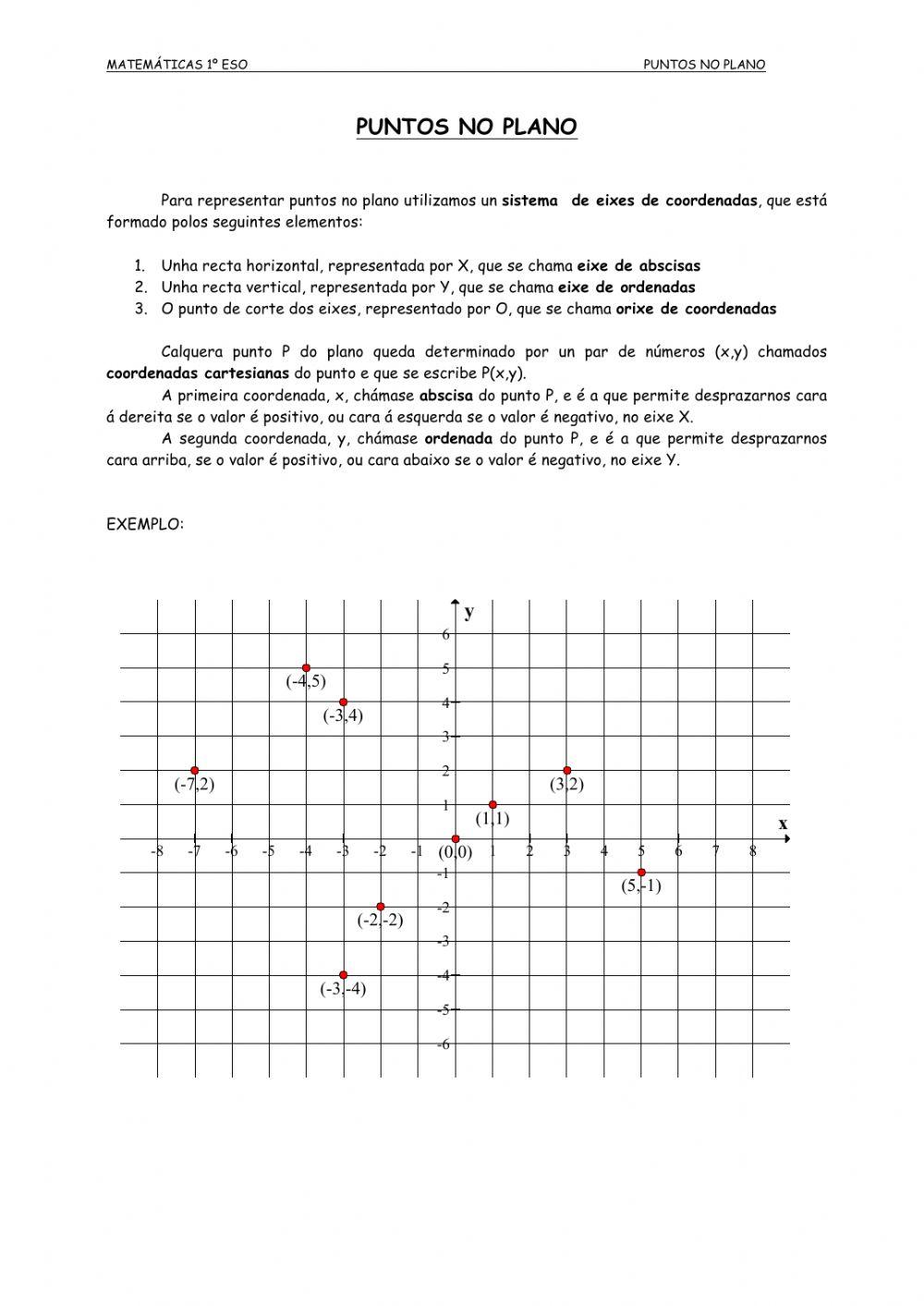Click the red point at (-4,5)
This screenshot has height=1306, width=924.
click(x=306, y=667)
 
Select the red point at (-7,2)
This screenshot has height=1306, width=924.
click(x=194, y=770)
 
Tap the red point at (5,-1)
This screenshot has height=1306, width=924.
click(x=641, y=873)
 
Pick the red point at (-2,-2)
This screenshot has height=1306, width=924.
click(x=381, y=907)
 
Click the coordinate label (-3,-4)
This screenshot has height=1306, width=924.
click(x=343, y=989)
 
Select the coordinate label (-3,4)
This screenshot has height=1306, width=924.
click(x=343, y=715)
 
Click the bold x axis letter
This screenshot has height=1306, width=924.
click(x=783, y=824)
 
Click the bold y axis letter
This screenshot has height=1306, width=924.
click(x=469, y=612)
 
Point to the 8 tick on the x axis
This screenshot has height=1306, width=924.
click(x=753, y=851)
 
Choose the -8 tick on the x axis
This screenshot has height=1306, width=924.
click(x=156, y=851)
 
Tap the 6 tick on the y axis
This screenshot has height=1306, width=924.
click(x=445, y=634)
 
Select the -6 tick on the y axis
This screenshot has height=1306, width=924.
click(x=444, y=1044)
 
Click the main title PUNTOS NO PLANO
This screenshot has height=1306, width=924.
click(x=467, y=127)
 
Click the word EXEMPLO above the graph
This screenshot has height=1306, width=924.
click(x=145, y=524)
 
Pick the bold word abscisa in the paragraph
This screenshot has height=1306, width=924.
click(x=446, y=396)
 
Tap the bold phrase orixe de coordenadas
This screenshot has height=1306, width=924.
click(x=696, y=309)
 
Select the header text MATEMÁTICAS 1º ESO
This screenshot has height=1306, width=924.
click(x=176, y=65)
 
